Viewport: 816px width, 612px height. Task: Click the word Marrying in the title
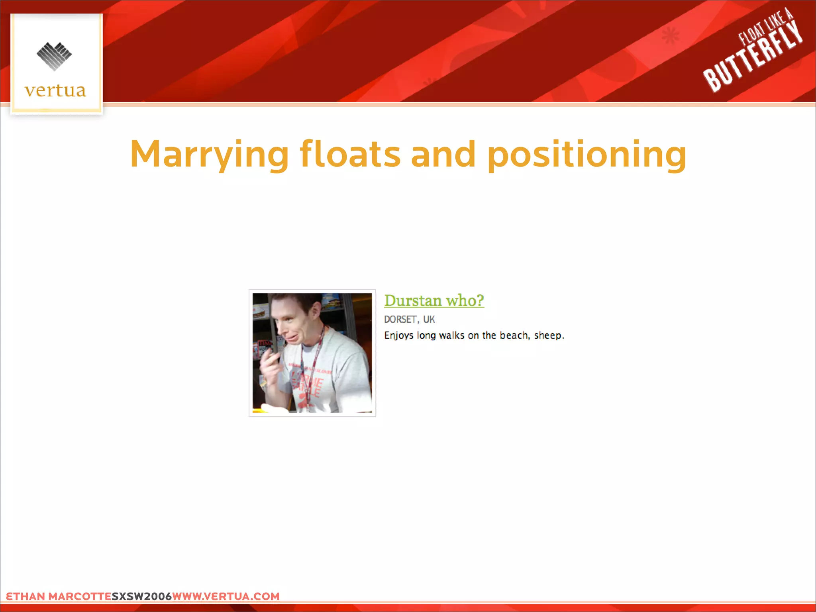click(x=209, y=155)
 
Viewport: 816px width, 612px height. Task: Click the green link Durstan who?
click(x=434, y=300)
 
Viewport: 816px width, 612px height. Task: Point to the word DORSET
click(x=400, y=320)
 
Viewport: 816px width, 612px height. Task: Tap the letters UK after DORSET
click(x=429, y=320)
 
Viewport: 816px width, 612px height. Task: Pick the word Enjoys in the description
click(x=398, y=335)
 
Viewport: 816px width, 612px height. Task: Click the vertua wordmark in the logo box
click(x=55, y=90)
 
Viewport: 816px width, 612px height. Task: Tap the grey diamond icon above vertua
click(x=54, y=56)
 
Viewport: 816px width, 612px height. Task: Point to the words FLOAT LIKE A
click(x=765, y=27)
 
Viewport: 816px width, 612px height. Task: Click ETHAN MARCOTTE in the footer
click(x=59, y=596)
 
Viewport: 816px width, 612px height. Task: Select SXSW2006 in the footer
click(x=141, y=596)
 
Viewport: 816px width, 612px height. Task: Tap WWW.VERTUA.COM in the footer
click(x=226, y=596)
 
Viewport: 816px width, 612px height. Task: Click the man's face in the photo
click(x=293, y=325)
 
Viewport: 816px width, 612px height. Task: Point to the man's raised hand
click(x=271, y=365)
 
